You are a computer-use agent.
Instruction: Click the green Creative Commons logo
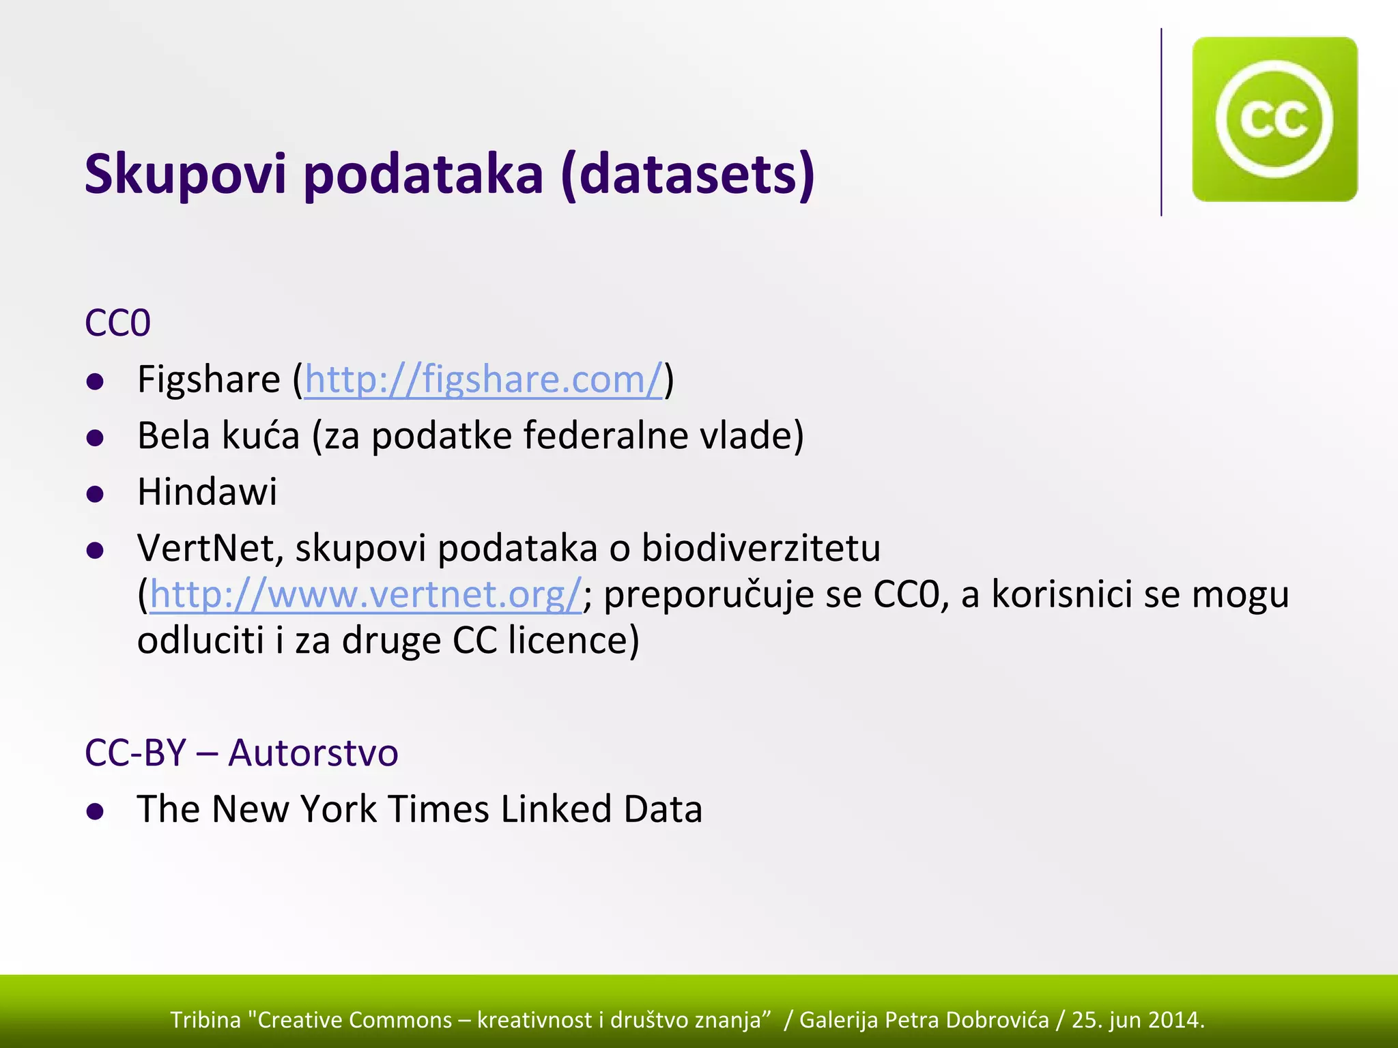1274,119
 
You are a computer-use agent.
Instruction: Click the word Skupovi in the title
185,174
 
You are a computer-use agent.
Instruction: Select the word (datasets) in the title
687,174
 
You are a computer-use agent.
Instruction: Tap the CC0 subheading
117,323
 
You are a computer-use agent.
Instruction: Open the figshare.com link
483,379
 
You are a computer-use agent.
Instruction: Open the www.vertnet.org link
365,594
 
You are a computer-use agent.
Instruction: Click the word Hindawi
207,492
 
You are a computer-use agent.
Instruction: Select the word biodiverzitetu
761,548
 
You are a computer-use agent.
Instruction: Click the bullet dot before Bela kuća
96,437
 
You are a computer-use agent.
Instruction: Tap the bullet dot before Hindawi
96,494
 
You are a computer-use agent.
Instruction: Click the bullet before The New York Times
96,811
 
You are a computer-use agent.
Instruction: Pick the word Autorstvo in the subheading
313,753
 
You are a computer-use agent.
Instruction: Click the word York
339,809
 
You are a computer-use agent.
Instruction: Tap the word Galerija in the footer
838,1019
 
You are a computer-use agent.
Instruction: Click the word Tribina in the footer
205,1019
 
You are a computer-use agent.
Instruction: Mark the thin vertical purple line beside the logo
1161,123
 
